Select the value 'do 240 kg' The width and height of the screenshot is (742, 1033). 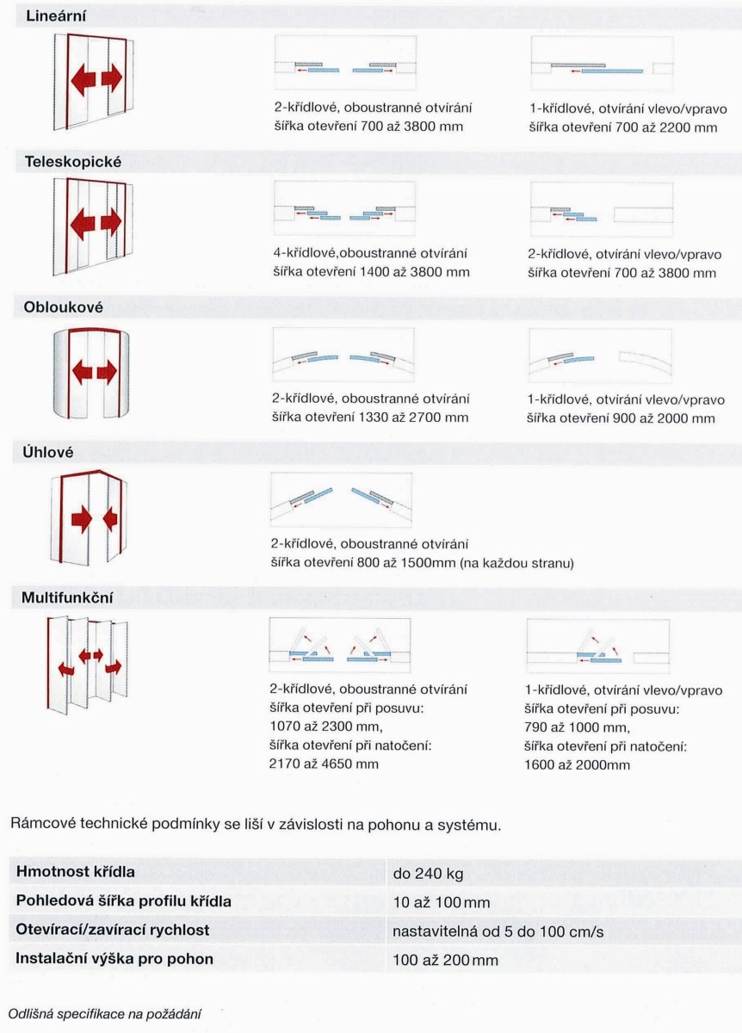pos(428,875)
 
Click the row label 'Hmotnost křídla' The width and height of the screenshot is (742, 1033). pos(76,872)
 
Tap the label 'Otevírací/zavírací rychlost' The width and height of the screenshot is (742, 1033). pos(113,931)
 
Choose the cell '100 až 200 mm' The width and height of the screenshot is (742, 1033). pos(445,960)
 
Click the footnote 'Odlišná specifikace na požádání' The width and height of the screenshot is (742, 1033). pos(105,1013)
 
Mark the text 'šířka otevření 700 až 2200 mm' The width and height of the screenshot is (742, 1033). pos(623,127)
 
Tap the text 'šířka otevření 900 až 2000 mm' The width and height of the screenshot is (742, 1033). pos(621,418)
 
